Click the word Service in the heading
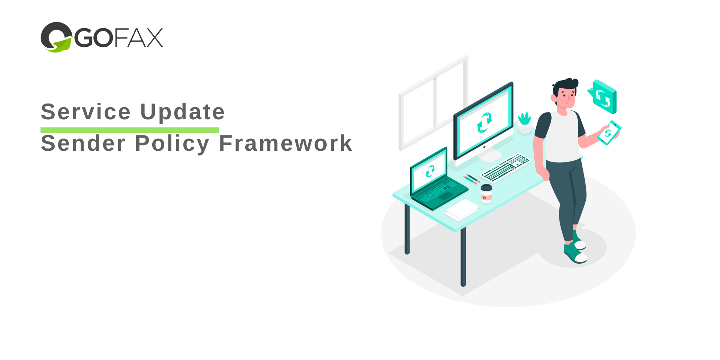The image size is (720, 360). (85, 112)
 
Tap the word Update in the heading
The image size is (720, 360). (183, 112)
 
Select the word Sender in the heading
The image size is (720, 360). (83, 143)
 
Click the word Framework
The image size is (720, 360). (286, 143)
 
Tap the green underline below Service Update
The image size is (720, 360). (130, 130)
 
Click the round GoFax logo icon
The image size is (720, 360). (56, 37)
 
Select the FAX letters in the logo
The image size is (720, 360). (138, 37)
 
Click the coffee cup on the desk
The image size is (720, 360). (486, 193)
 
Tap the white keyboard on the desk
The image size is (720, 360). (506, 167)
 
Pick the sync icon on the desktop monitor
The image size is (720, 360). (484, 123)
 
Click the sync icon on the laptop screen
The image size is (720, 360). (430, 171)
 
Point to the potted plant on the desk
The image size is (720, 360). (525, 123)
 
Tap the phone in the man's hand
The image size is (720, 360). (609, 133)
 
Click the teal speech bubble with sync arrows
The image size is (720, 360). (603, 97)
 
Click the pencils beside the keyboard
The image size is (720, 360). (471, 179)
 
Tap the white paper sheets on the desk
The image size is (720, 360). (462, 210)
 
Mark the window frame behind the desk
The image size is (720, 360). (433, 103)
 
